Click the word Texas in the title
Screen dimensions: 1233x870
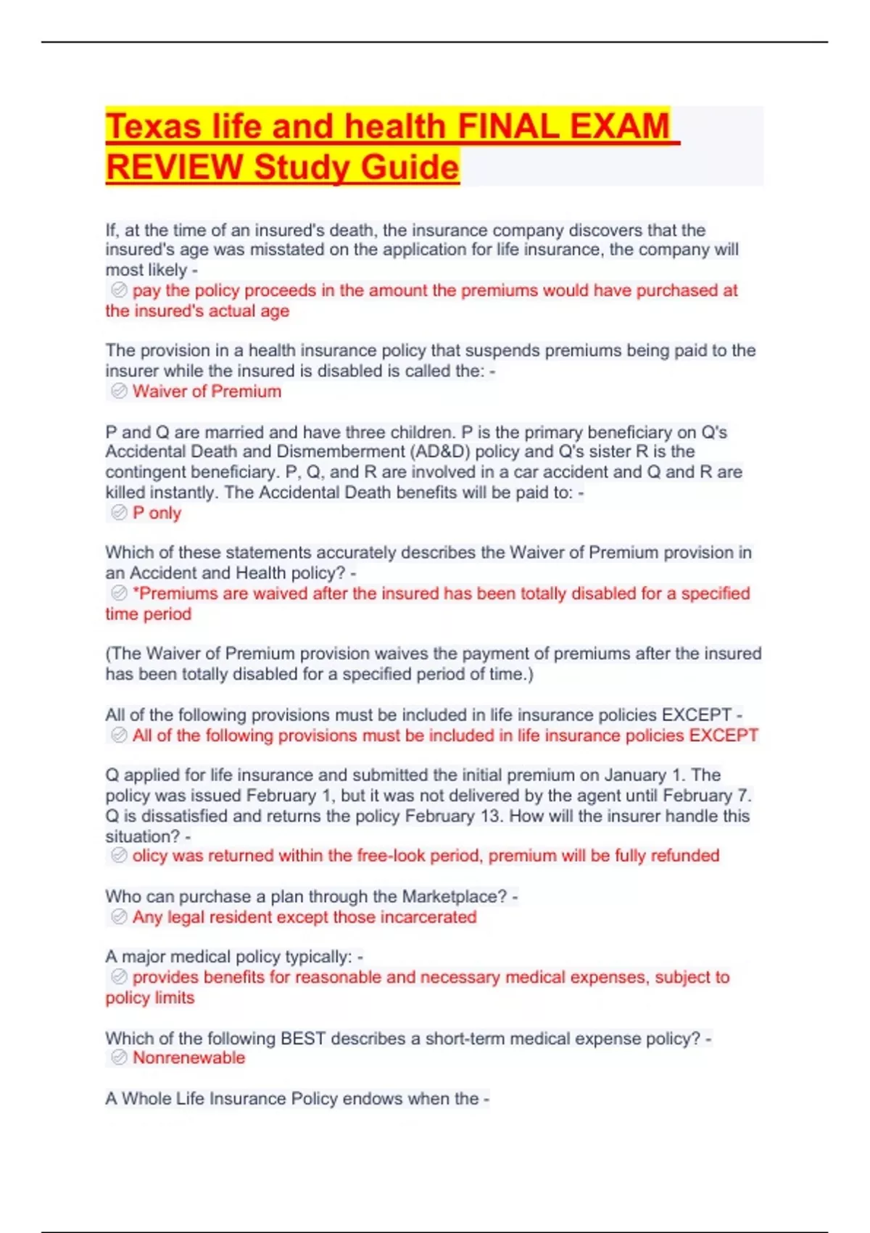[x=153, y=127]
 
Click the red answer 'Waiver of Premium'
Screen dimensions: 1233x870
[x=207, y=392]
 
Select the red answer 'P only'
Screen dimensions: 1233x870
[x=157, y=514]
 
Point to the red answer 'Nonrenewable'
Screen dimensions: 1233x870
[x=188, y=1058]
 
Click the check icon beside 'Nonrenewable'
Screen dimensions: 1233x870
[x=119, y=1058]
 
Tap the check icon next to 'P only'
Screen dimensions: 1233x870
[x=119, y=514]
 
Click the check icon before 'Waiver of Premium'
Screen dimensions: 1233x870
[x=119, y=392]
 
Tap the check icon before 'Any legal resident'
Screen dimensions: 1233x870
[x=119, y=917]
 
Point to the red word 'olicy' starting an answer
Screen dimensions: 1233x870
[x=150, y=856]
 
